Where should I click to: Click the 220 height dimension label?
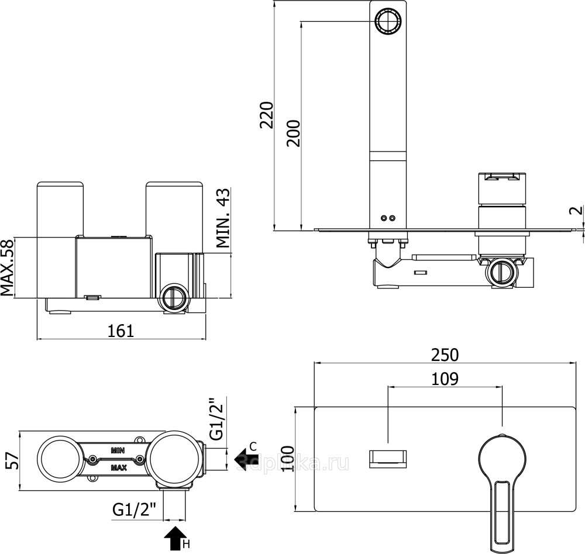267,115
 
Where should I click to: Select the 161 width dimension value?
121,331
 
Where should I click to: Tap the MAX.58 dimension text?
8,267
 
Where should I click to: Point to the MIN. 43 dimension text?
223,219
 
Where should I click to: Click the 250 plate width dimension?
445,355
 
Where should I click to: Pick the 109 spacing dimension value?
445,378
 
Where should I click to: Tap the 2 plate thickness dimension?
576,211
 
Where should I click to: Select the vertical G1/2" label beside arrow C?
216,419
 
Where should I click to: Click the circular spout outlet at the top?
387,22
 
